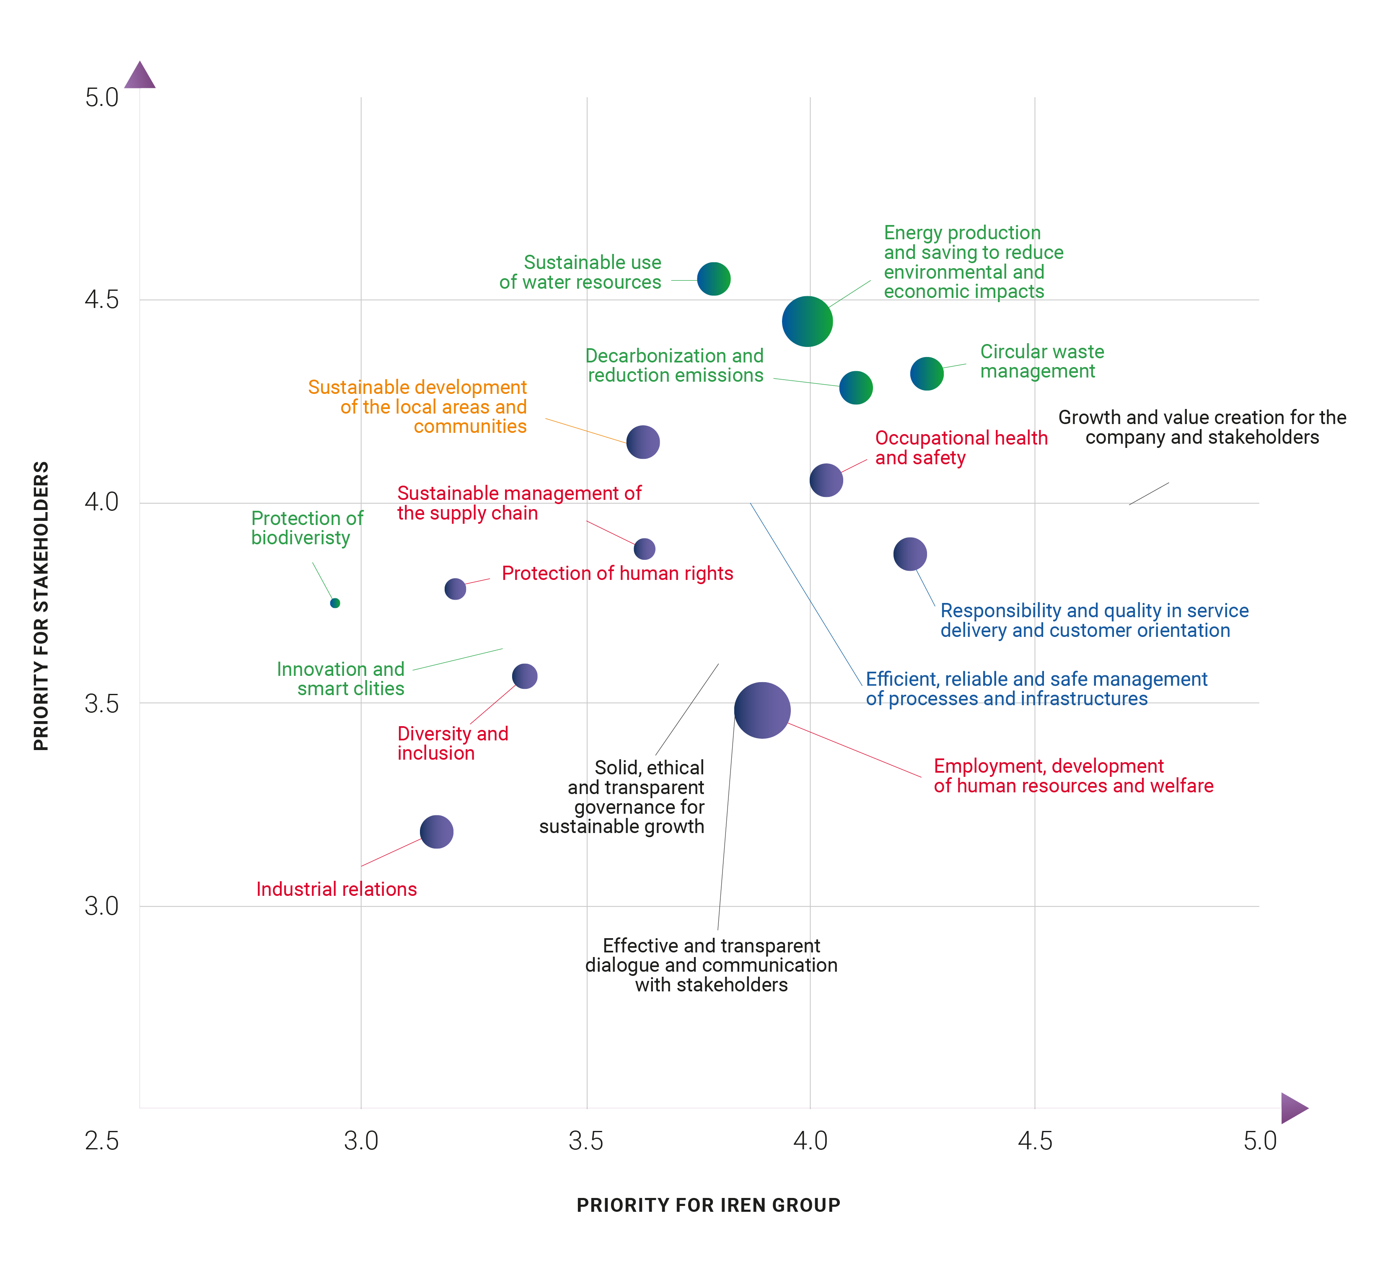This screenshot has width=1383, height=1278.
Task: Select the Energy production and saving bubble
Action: click(x=807, y=321)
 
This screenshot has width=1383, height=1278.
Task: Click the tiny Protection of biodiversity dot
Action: click(x=335, y=603)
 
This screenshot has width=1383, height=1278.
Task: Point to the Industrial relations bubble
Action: click(x=436, y=831)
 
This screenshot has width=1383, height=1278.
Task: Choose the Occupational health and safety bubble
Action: click(x=826, y=480)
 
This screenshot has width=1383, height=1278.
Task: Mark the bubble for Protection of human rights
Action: click(x=455, y=589)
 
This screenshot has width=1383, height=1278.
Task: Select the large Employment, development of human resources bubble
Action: click(x=762, y=710)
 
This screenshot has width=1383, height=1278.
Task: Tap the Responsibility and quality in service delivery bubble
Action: click(x=910, y=554)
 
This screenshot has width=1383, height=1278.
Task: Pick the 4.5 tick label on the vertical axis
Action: click(x=102, y=300)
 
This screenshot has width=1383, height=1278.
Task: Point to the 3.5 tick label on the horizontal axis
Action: click(x=586, y=1141)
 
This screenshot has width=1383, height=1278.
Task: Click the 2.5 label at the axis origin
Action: click(x=102, y=1141)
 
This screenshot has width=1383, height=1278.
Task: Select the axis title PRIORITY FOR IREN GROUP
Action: click(x=708, y=1206)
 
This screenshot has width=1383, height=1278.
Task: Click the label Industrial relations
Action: click(x=337, y=889)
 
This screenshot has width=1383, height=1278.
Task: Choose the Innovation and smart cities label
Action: click(x=341, y=679)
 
